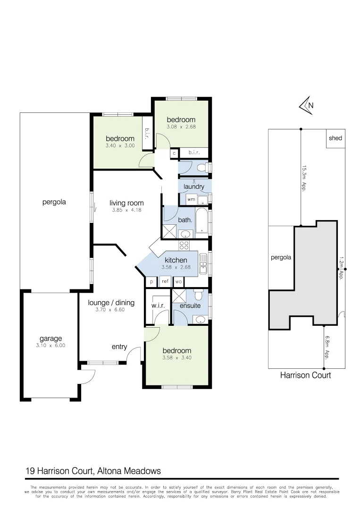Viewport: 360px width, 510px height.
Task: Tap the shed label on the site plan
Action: tap(335, 138)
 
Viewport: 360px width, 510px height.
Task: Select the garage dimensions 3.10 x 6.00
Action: tap(50, 346)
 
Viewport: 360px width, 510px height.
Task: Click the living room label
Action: tap(126, 203)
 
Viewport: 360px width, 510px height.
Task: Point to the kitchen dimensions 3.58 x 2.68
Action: tap(176, 267)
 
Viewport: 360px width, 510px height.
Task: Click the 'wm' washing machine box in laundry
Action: tap(191, 200)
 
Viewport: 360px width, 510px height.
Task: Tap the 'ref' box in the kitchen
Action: tap(165, 281)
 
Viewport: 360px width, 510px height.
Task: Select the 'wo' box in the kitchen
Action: tap(178, 281)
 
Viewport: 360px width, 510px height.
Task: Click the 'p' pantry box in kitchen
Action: tap(151, 281)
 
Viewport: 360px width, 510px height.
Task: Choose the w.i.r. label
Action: tap(158, 306)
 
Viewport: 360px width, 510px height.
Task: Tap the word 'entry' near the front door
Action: tap(119, 347)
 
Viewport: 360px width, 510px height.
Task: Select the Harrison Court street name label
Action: tap(305, 375)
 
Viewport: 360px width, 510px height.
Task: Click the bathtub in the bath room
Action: tap(202, 221)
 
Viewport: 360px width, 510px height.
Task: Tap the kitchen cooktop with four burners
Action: tap(184, 246)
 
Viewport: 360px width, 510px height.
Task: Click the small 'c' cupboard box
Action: tap(174, 153)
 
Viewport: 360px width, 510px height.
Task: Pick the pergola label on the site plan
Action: tap(281, 258)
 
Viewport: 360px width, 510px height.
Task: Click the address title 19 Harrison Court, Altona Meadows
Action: tap(93, 471)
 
